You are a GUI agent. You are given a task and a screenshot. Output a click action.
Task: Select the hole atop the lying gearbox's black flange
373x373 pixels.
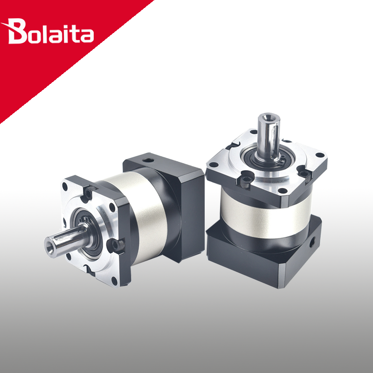148,160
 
